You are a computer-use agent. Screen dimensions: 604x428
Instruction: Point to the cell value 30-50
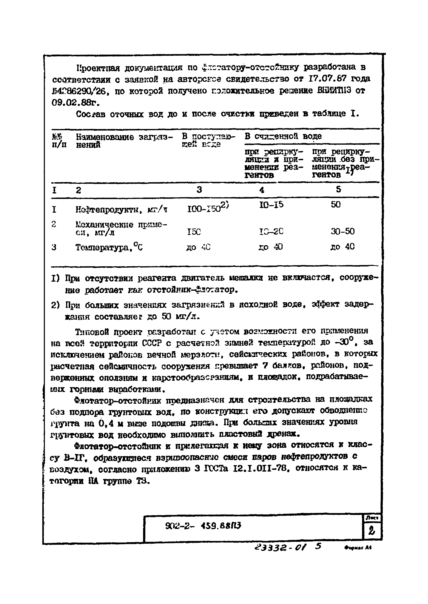pyautogui.click(x=343, y=231)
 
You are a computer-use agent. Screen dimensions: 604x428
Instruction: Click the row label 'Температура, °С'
pyautogui.click(x=109, y=247)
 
